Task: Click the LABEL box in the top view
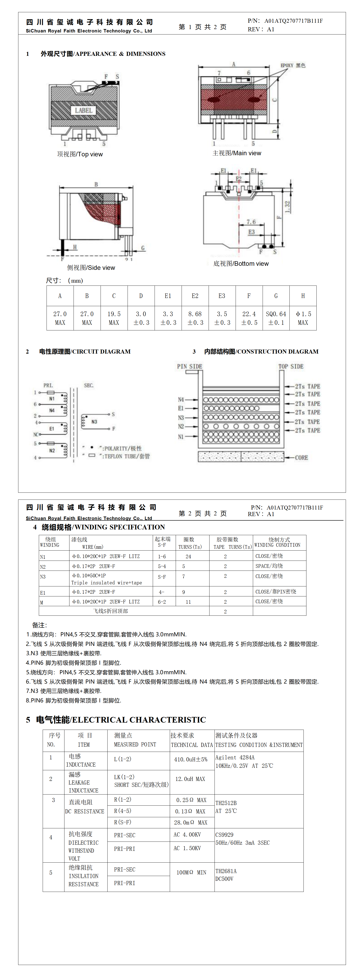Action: [84, 110]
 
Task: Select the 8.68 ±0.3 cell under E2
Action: [195, 318]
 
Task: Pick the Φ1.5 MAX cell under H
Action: [303, 318]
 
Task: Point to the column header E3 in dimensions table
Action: [222, 296]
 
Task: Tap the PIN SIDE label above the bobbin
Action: [190, 366]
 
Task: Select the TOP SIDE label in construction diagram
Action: [291, 366]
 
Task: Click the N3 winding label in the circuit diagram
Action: [94, 422]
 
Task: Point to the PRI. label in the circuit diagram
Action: [48, 385]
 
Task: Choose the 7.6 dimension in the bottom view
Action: [251, 222]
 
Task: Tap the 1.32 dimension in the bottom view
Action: [288, 207]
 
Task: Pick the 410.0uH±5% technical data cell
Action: [191, 759]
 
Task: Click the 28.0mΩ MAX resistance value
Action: [191, 822]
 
